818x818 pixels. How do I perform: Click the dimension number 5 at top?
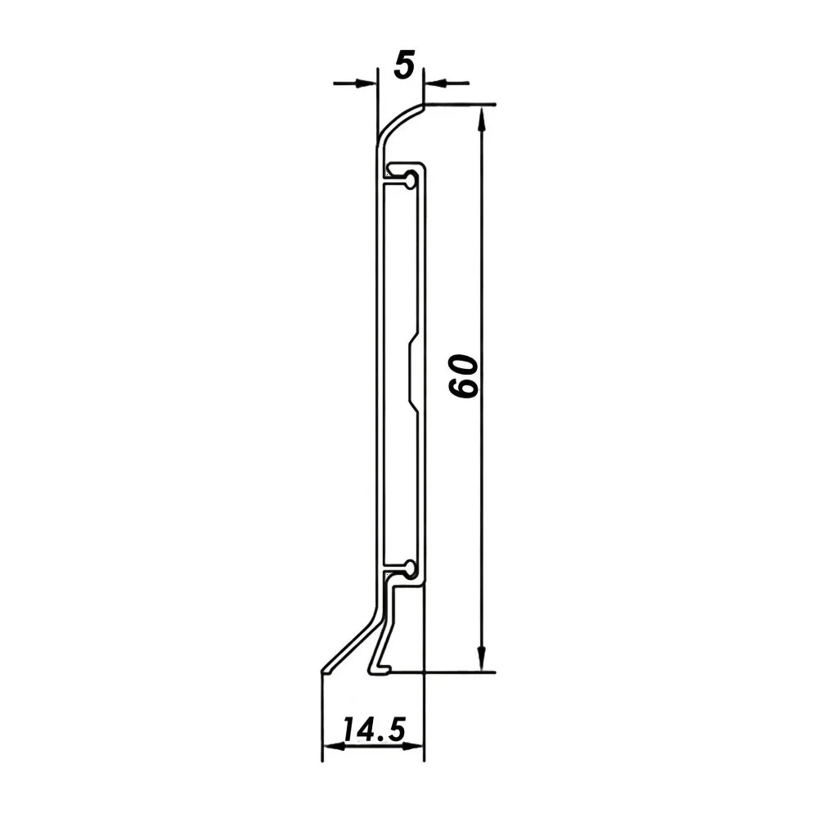click(x=404, y=65)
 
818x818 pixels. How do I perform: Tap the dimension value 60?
click(x=463, y=376)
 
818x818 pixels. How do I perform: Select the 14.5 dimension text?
click(x=374, y=729)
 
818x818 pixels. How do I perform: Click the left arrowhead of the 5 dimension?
click(x=365, y=83)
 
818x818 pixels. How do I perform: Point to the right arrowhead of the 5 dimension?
click(x=434, y=83)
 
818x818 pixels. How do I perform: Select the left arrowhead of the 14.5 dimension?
click(x=334, y=747)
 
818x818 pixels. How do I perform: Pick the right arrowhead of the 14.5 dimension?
click(x=412, y=747)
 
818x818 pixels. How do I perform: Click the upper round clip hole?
click(x=411, y=181)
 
